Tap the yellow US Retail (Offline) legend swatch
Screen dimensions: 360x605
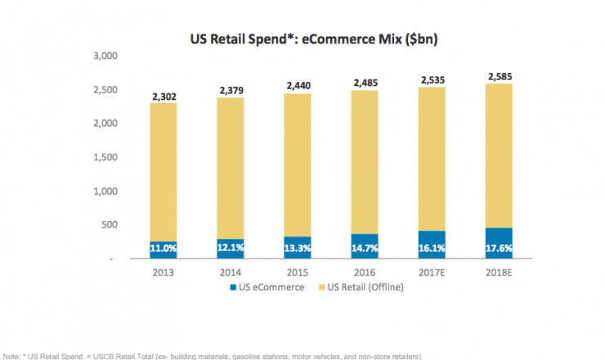(x=320, y=287)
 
